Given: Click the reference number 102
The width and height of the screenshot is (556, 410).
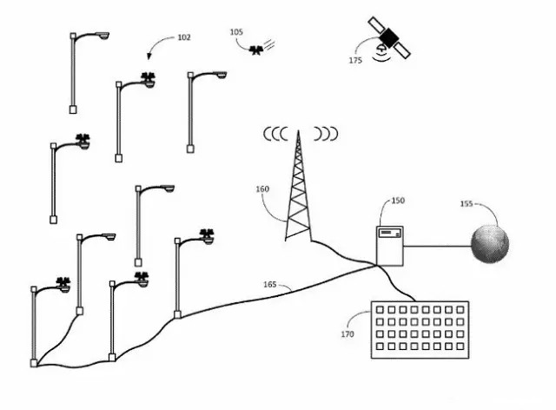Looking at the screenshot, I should pos(183,37).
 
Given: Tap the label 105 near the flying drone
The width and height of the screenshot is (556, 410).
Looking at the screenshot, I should pos(236,32).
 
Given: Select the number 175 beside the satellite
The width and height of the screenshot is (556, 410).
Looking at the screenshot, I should pos(355,60).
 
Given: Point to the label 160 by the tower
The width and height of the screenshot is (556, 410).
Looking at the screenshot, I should pos(262,188).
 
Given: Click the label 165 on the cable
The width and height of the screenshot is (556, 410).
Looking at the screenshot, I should pos(270,284).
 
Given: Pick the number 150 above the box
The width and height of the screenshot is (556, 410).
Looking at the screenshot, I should pos(398,201).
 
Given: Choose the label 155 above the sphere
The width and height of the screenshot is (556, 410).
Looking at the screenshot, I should pos(467,204).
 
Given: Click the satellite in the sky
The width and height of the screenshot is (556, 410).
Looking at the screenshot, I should pos(388,36).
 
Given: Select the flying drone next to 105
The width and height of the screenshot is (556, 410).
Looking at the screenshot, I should pos(255,50).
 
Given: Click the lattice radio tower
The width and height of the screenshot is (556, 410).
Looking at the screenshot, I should pos(299,191).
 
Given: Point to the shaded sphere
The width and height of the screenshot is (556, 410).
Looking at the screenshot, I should pos(492,244).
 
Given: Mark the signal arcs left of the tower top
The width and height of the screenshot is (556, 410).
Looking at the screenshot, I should pos(275,135).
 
